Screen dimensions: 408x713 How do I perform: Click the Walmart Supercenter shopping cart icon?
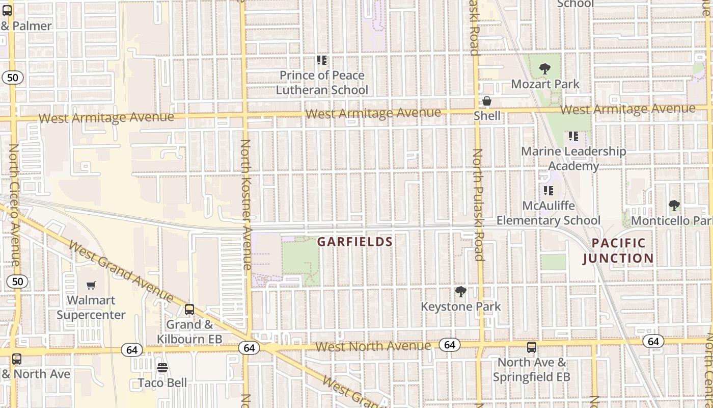pyautogui.click(x=91, y=286)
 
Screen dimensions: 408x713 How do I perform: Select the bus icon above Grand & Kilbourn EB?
pyautogui.click(x=189, y=309)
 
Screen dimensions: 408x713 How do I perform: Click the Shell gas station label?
pyautogui.click(x=487, y=116)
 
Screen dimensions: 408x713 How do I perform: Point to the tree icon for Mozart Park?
pyautogui.click(x=544, y=69)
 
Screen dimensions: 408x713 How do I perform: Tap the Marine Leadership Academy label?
pyautogui.click(x=573, y=159)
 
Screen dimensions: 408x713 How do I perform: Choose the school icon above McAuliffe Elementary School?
pyautogui.click(x=548, y=191)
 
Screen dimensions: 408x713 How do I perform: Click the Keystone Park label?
pyautogui.click(x=460, y=307)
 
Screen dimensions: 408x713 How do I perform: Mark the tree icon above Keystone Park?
pyautogui.click(x=460, y=292)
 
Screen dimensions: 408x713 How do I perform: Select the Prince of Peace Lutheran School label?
pyautogui.click(x=322, y=83)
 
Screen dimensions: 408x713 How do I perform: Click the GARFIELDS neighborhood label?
pyautogui.click(x=355, y=242)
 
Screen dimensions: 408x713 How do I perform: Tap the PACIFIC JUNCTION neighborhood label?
pyautogui.click(x=618, y=250)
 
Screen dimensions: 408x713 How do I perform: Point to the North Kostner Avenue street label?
pyautogui.click(x=246, y=204)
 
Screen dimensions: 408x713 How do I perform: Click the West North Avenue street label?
pyautogui.click(x=373, y=346)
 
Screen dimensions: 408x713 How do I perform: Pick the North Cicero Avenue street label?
pyautogui.click(x=14, y=204)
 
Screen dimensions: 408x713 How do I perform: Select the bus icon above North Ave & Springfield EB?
pyautogui.click(x=532, y=347)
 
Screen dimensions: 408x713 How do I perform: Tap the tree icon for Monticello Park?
pyautogui.click(x=674, y=206)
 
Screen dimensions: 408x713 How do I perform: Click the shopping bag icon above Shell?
pyautogui.click(x=487, y=101)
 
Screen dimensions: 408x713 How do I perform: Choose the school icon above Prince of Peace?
pyautogui.click(x=321, y=60)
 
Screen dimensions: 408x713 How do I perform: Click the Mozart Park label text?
pyautogui.click(x=545, y=84)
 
